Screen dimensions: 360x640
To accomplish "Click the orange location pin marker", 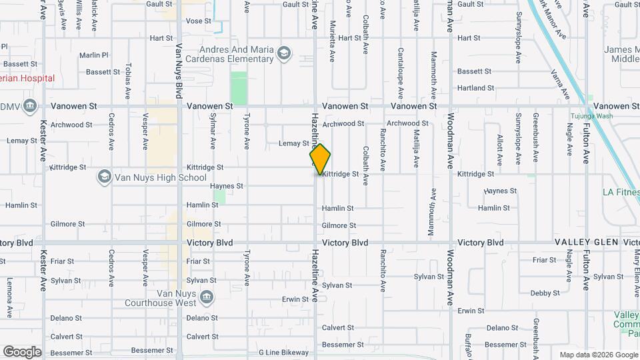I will point(320,160).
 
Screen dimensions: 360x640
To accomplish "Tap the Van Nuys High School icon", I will point(104,177).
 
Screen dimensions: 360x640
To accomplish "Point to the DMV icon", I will point(30,106).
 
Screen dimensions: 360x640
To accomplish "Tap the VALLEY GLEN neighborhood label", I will point(587,243).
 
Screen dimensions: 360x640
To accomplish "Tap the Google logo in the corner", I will point(22,351).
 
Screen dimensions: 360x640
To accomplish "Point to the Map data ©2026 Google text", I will point(598,355).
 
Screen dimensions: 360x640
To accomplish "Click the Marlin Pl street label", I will point(93,55).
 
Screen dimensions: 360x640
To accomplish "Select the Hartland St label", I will point(475,88).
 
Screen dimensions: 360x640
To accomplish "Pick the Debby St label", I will point(545,293).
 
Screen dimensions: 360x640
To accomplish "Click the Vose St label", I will point(197,21).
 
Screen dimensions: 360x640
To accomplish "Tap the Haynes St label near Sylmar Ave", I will point(227,186).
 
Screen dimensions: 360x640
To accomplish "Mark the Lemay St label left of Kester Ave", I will point(21,141).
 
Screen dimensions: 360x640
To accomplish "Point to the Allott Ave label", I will point(499,149).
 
